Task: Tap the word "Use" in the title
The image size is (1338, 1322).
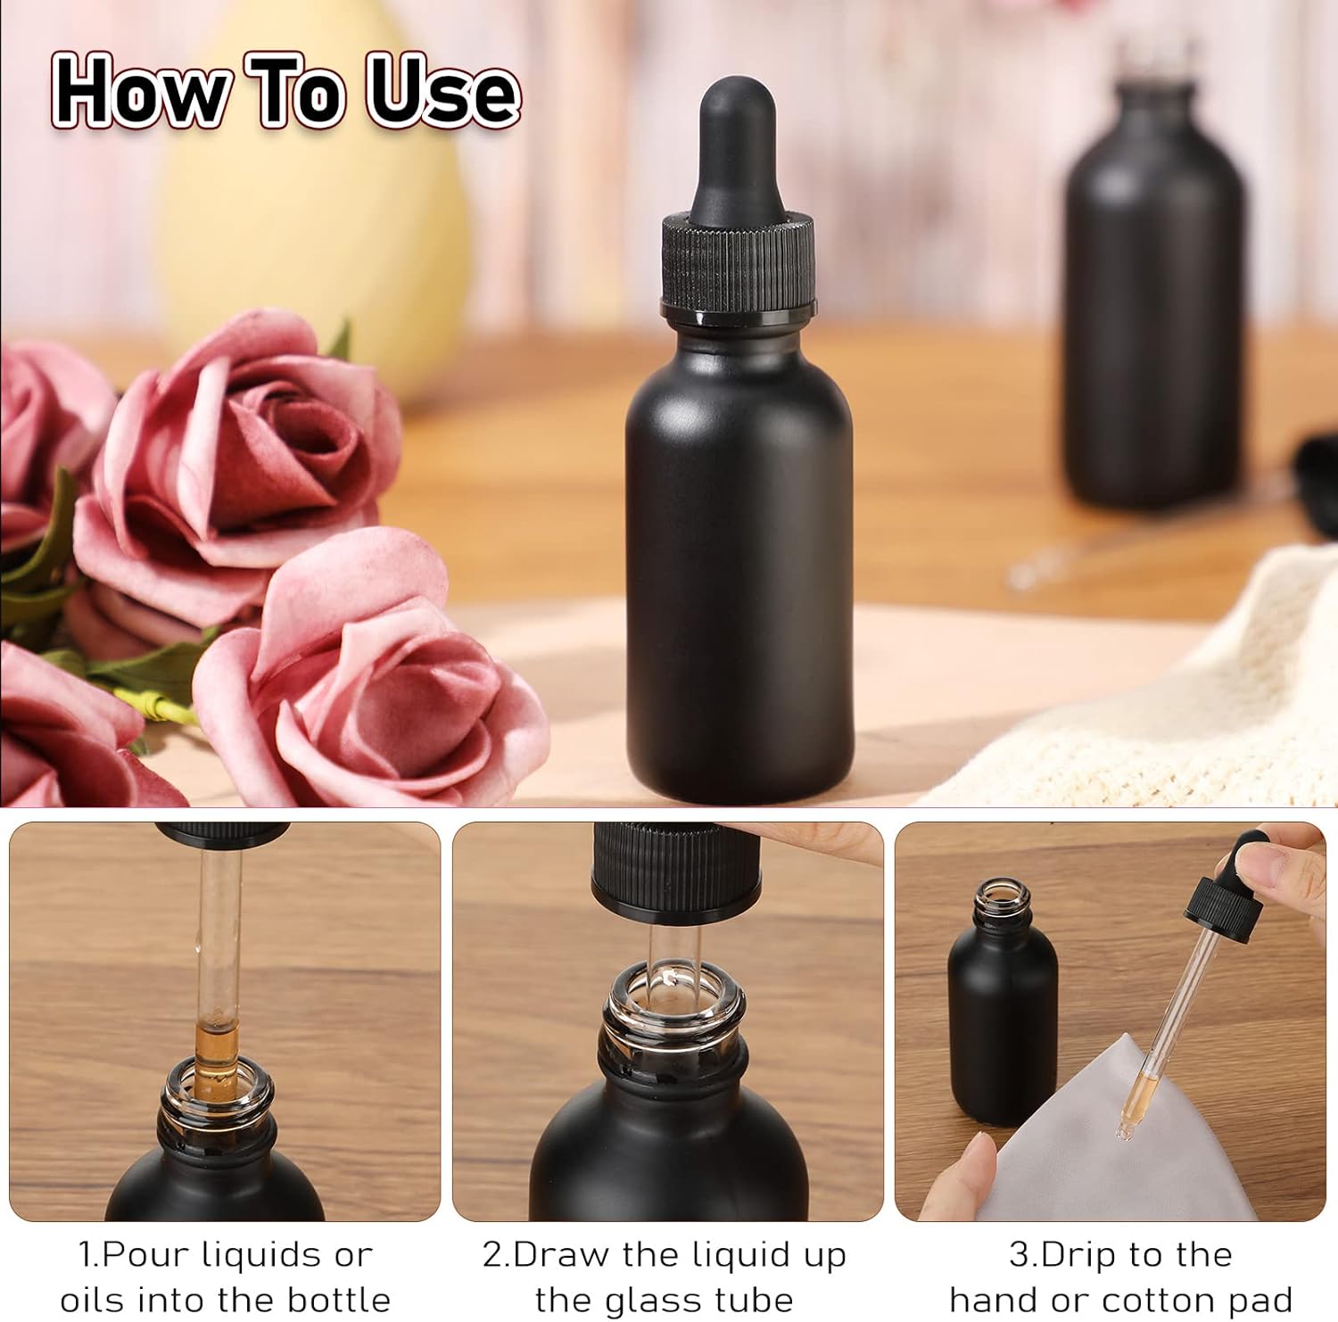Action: click(x=442, y=91)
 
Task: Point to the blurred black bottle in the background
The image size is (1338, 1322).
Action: click(x=1154, y=312)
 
